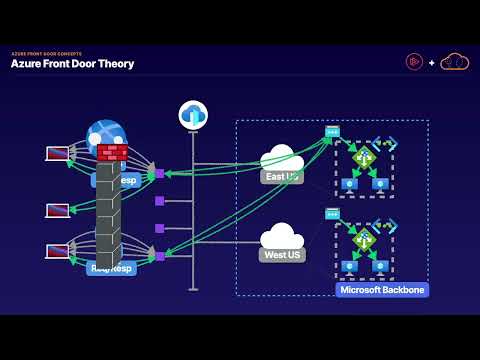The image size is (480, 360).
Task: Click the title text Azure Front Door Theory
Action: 72,64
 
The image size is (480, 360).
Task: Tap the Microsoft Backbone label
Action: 382,290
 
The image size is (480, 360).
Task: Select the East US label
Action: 281,177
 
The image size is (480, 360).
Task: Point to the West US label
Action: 281,254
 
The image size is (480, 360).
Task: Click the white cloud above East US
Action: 282,158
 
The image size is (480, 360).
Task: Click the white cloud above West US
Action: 282,236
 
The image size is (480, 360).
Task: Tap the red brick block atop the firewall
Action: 112,152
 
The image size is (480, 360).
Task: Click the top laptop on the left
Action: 57,154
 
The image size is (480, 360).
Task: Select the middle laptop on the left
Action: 57,211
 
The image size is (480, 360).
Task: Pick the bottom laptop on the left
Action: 57,251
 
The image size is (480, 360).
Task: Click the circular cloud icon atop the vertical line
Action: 193,115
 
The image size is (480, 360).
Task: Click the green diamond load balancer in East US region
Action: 364,158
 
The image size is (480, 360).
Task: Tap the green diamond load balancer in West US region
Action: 364,240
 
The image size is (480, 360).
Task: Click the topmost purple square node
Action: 159,174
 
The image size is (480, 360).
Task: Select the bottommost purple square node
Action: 159,256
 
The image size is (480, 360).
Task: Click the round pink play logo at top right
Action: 414,62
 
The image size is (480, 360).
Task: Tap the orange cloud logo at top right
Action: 455,62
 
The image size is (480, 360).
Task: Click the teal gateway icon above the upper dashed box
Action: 332,132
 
